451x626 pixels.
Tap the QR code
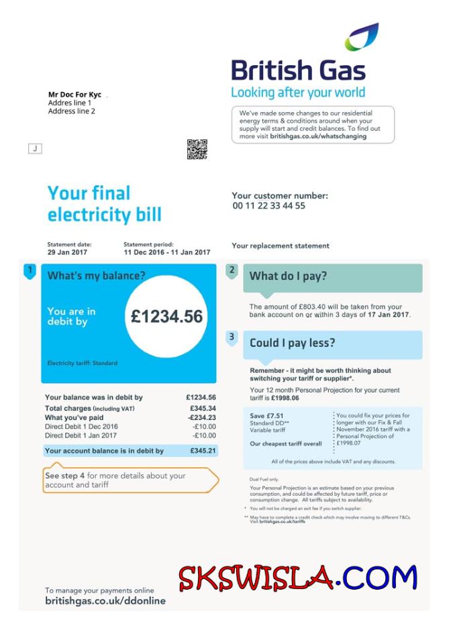coord(197,149)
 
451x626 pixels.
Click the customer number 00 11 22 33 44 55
coord(268,206)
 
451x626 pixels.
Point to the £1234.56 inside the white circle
coord(166,317)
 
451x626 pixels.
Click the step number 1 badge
coord(29,271)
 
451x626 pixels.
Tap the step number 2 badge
coord(232,270)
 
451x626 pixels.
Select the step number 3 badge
coord(232,337)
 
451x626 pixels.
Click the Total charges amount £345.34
coord(203,408)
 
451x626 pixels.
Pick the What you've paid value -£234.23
coord(201,417)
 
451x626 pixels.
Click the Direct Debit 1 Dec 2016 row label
coord(81,426)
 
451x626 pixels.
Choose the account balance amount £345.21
coord(203,451)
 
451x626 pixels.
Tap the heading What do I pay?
coord(289,276)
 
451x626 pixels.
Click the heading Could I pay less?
coord(292,343)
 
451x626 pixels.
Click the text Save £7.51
coord(266,416)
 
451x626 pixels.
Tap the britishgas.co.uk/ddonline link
coord(105,601)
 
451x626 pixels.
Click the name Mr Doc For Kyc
coord(74,95)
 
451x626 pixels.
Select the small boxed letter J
coord(35,148)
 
